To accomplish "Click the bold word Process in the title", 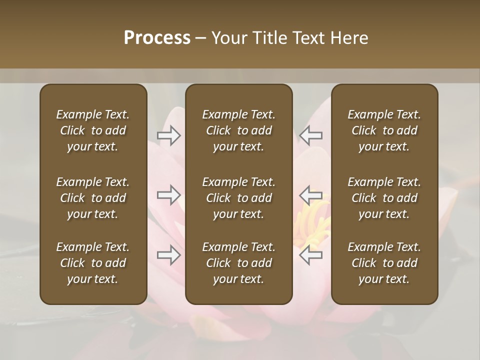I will point(157,38).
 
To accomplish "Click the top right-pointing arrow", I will point(168,135).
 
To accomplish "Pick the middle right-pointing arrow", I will point(168,195).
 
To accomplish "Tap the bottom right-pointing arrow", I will point(168,255).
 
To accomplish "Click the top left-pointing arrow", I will point(311,135).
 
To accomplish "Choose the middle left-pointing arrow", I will point(311,195).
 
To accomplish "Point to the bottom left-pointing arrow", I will point(311,255).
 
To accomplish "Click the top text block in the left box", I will point(93,130).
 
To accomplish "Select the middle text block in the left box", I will point(93,198).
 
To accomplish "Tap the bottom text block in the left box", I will point(93,263).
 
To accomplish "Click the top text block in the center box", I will point(238,130).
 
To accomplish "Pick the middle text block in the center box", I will point(238,198).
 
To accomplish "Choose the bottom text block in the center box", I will point(238,263).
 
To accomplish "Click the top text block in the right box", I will point(384,130).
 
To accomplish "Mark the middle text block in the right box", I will point(384,198).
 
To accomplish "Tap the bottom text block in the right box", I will point(384,263).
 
